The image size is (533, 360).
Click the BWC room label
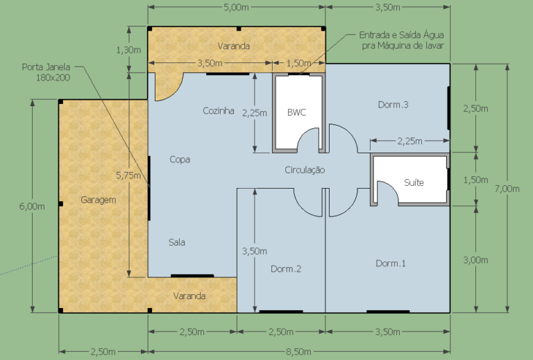[x=296, y=112]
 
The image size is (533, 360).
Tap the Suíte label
[x=414, y=182]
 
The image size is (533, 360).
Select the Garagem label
[x=99, y=200]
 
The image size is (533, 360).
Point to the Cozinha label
[x=218, y=111]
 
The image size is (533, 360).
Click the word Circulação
[x=305, y=170]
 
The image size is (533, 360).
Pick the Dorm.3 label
[x=393, y=105]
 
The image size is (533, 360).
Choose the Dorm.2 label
[x=285, y=269]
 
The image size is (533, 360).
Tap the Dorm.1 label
[x=391, y=263]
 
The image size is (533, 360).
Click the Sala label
[x=177, y=242]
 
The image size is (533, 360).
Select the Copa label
[x=180, y=160]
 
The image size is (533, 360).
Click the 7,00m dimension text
[x=507, y=189]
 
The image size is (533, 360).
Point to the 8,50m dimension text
[x=298, y=352]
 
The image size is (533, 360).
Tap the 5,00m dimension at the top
[x=236, y=7]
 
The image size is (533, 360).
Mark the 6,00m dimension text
[x=32, y=206]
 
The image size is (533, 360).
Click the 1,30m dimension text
[x=128, y=50]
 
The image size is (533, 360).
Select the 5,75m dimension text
[x=128, y=175]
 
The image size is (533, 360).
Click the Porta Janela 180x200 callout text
[x=46, y=72]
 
